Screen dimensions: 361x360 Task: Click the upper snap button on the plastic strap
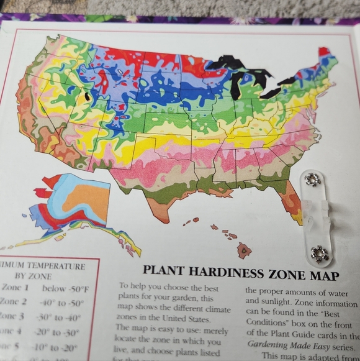(312, 180)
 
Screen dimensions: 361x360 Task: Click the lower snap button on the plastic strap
(320, 253)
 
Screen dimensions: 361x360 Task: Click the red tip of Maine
(323, 51)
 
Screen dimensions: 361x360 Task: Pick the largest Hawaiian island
(244, 250)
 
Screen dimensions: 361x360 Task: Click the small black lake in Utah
(88, 96)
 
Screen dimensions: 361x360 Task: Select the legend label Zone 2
(14, 303)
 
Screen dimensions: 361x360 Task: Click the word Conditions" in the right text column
(268, 321)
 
